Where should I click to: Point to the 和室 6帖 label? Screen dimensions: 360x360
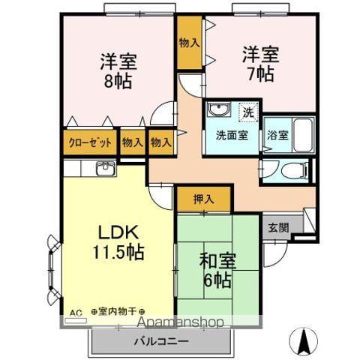(216, 271)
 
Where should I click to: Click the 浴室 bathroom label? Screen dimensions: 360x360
(277, 136)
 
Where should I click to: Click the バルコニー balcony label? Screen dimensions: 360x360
(161, 341)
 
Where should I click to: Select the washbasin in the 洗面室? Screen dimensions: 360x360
(219, 111)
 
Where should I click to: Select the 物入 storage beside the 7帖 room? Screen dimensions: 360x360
(189, 43)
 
